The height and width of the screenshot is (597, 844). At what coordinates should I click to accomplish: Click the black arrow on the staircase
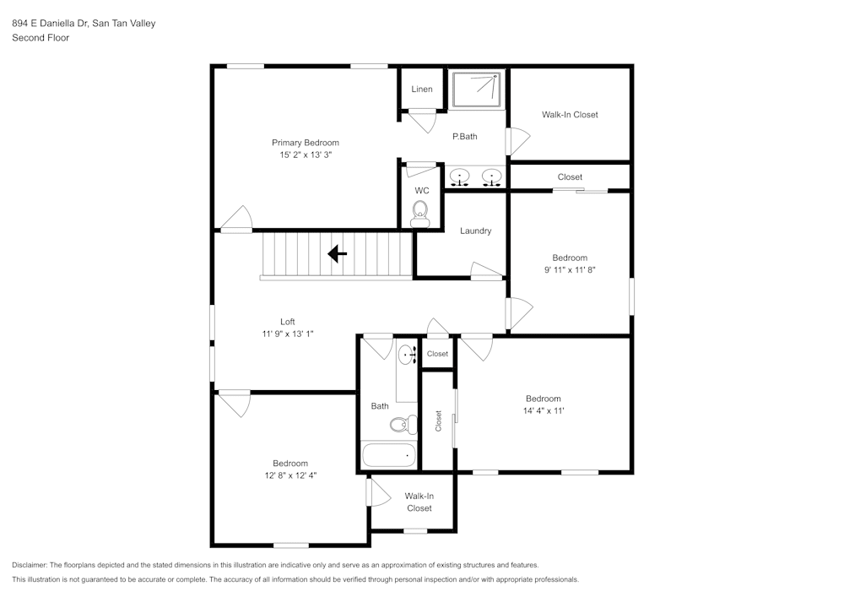point(337,253)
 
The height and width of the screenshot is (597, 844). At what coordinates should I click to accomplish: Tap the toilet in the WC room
point(419,216)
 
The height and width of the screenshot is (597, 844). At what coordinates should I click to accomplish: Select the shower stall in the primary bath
point(477,90)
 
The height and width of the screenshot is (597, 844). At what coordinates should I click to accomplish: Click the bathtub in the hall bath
point(389,455)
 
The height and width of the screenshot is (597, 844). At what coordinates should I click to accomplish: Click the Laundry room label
point(475,231)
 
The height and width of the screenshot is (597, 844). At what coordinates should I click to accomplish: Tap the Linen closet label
point(422,90)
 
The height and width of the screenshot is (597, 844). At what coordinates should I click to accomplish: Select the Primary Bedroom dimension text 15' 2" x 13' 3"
point(306,155)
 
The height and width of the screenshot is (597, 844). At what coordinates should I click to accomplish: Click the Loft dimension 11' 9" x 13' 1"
point(288,334)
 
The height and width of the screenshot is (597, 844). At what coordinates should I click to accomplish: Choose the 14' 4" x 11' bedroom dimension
point(543,411)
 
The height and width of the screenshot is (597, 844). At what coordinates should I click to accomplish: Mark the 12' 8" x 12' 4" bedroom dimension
point(289,475)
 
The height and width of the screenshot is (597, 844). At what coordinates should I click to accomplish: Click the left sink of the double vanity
point(460,177)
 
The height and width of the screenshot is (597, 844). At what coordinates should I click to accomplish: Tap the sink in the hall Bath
point(408,355)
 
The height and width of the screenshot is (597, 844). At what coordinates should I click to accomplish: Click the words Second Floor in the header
point(41,38)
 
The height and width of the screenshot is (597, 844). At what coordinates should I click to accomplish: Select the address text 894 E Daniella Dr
point(49,24)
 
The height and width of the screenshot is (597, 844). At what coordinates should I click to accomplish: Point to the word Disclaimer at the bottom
point(30,565)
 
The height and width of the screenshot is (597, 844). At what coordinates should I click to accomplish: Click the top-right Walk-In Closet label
point(570,115)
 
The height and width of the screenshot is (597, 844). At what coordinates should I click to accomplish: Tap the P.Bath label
point(464,137)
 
